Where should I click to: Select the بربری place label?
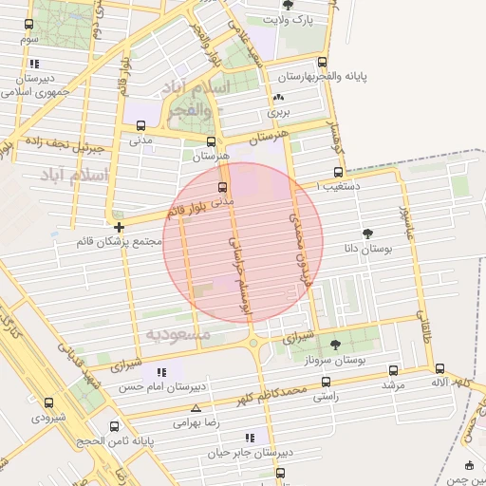coord(277,112)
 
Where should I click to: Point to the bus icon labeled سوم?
coord(29,26)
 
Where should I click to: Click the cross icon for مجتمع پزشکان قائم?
coord(119,227)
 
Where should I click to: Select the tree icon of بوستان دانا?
coord(367,233)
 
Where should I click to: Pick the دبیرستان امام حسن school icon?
coord(160,372)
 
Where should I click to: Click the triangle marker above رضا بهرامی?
coord(196,408)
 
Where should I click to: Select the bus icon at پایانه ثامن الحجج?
coord(114,426)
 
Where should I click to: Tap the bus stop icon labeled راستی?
coord(327,382)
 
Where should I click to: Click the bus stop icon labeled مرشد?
coord(394,371)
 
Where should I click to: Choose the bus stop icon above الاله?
coord(439,368)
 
